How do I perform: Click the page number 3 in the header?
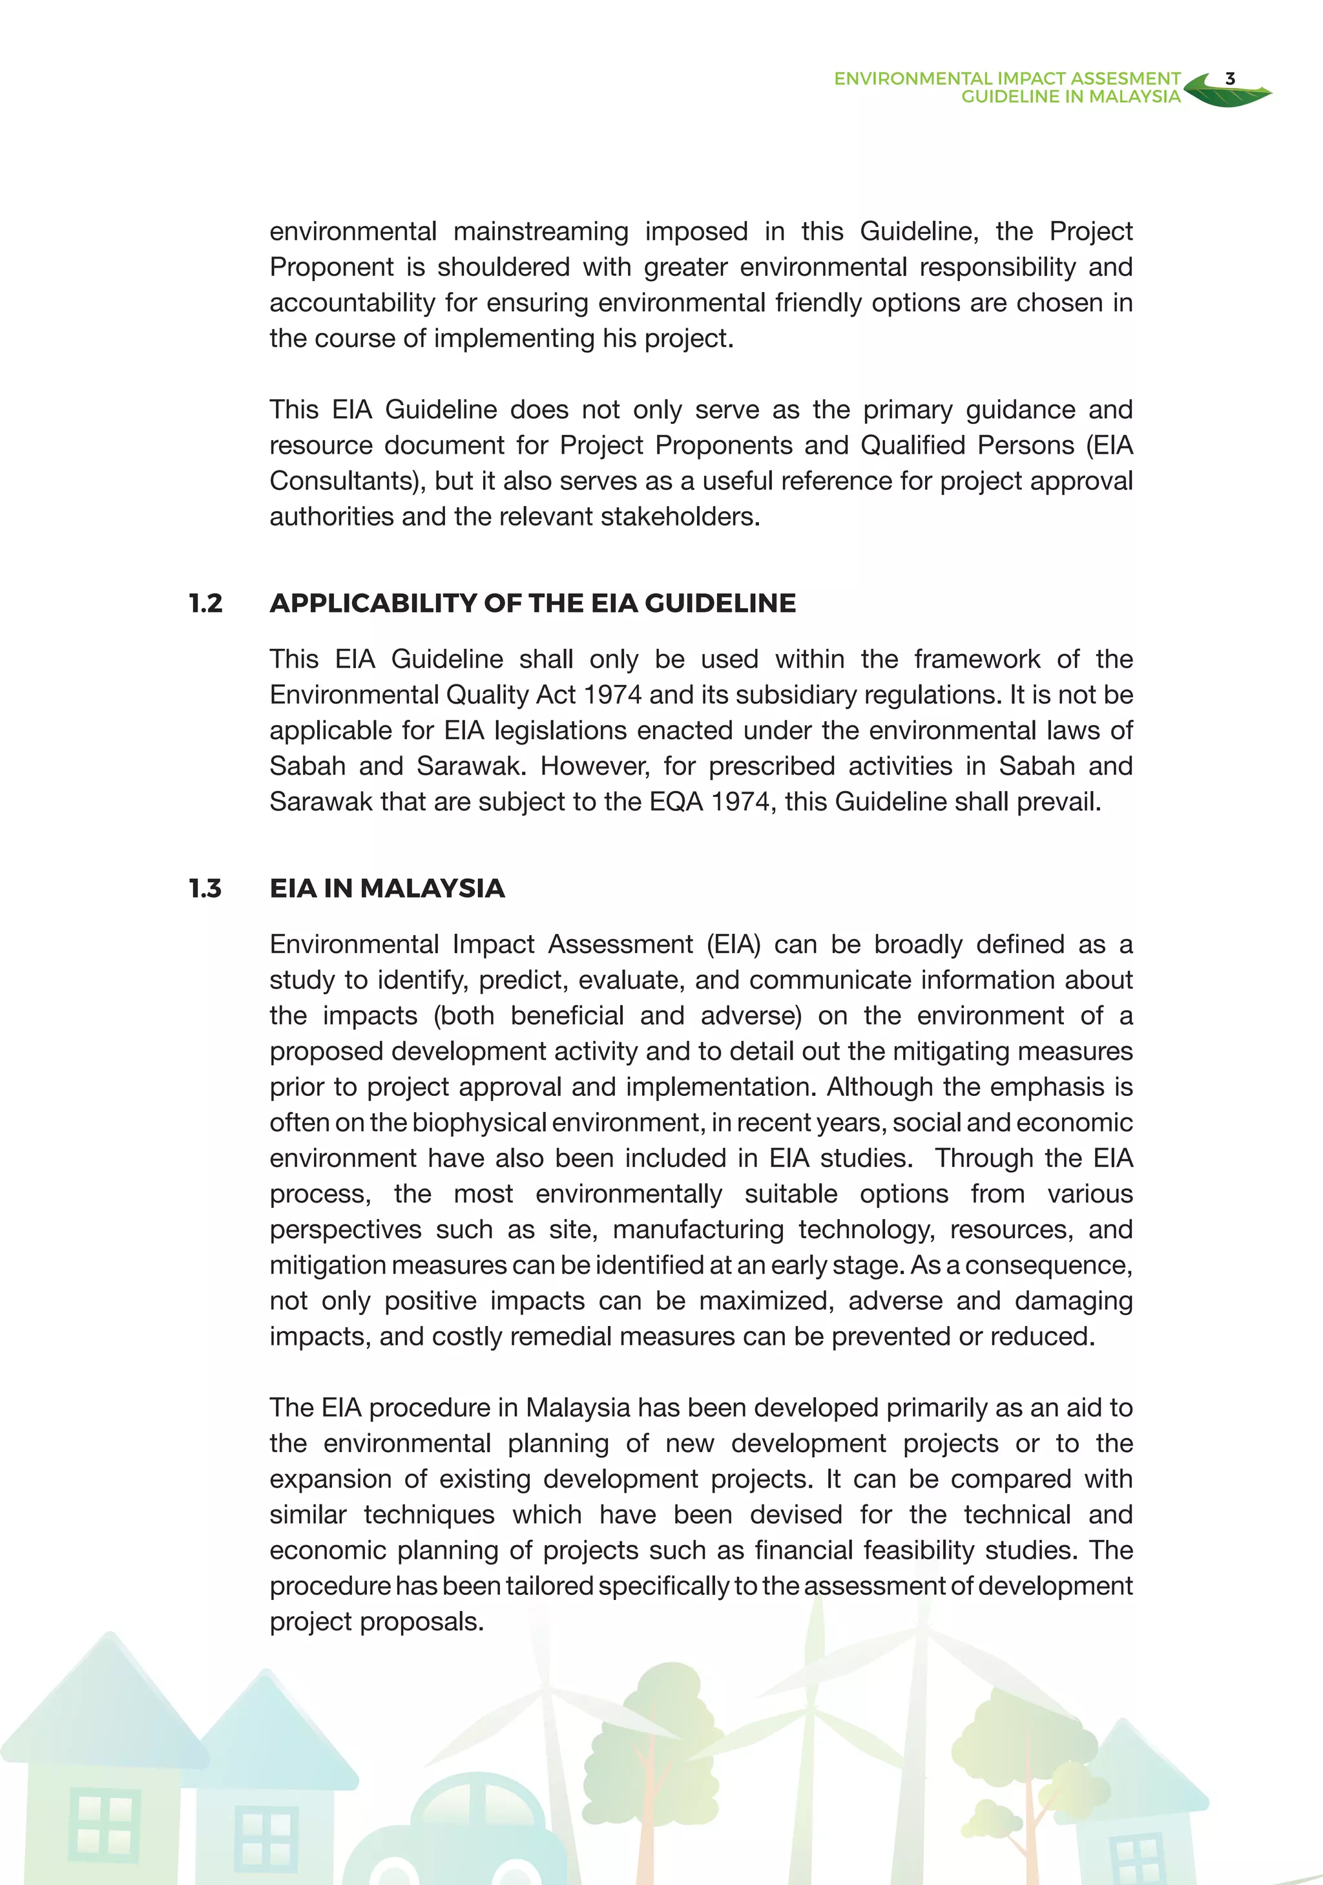pyautogui.click(x=1229, y=79)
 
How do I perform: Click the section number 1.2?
pyautogui.click(x=205, y=604)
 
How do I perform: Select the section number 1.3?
pyautogui.click(x=205, y=889)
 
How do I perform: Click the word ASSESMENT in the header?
pyautogui.click(x=1125, y=79)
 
